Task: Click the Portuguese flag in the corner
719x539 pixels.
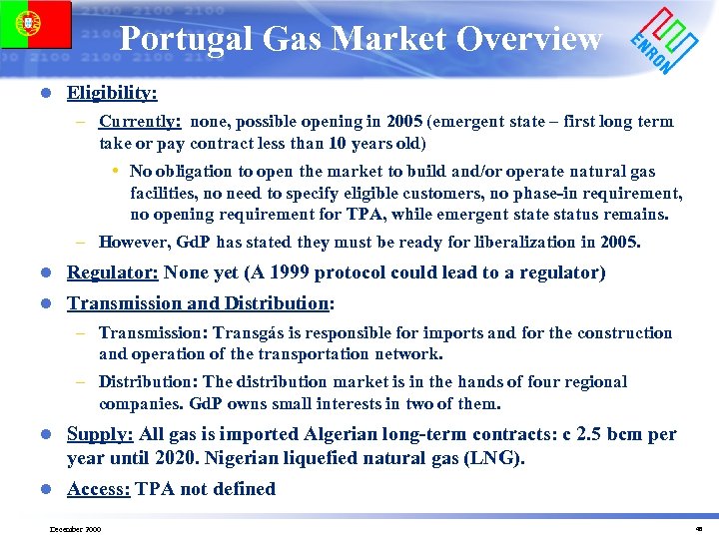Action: tap(36, 24)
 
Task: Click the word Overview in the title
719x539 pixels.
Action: tap(529, 39)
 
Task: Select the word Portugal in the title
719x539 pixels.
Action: tap(189, 39)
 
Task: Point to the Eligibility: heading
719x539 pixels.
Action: tap(112, 93)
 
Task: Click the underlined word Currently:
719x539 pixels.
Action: tap(140, 122)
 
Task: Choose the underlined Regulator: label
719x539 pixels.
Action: tap(112, 272)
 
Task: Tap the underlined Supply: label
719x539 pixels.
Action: tap(100, 434)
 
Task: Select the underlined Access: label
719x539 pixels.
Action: tap(99, 488)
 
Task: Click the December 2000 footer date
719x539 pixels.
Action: tap(74, 528)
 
